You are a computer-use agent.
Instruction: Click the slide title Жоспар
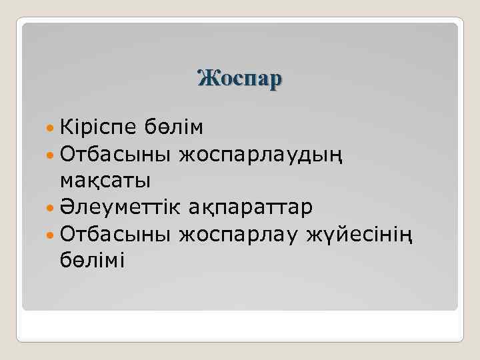[x=240, y=78]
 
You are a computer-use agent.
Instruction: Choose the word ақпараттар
[x=259, y=208]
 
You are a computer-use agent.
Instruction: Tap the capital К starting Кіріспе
[x=67, y=127]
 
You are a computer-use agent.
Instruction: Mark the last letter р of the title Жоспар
[x=276, y=80]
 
